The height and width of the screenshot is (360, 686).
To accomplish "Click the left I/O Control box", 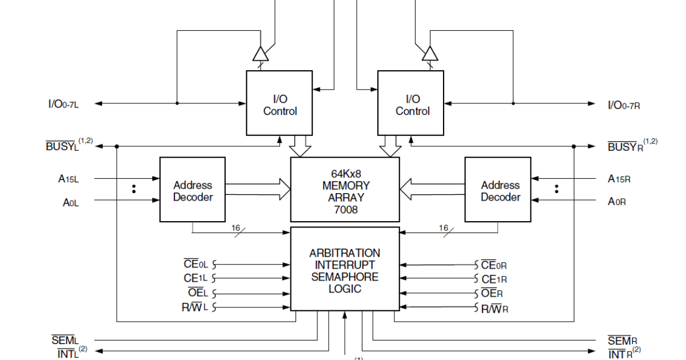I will pos(280,103).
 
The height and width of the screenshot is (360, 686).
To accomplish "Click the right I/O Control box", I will pos(411,103).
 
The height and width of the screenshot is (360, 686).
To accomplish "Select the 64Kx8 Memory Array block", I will pos(345,189).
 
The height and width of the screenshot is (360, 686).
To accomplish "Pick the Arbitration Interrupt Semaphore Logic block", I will pos(345,269).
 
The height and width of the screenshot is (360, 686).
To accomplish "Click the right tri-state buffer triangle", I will pos(430,53).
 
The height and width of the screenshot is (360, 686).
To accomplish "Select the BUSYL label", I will pos(62,146).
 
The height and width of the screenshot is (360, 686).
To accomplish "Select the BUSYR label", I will pos(625,147).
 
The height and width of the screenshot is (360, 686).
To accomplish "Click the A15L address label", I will pos(69,179).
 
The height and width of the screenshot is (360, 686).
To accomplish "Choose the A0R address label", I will pos(619,201).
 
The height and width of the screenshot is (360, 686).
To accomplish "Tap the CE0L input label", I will pos(196,264).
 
